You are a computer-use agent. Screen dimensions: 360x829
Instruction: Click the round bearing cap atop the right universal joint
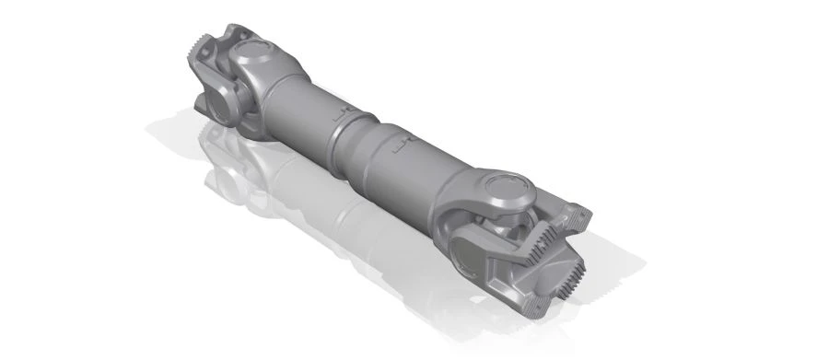(x=506, y=188)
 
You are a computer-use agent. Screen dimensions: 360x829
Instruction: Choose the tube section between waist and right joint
(x=414, y=166)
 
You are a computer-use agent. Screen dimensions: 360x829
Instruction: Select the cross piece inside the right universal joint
(x=516, y=226)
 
